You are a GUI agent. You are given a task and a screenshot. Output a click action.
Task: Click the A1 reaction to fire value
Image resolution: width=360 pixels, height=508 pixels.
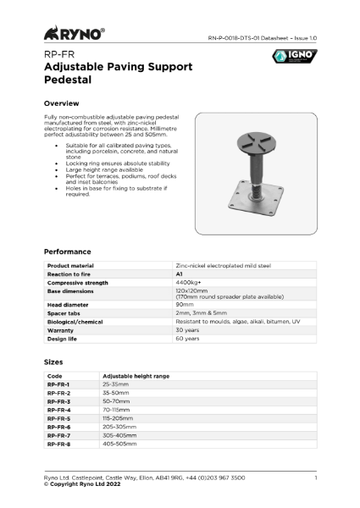tap(180, 274)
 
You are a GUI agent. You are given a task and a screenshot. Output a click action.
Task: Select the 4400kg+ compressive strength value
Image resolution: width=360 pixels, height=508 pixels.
tap(188, 282)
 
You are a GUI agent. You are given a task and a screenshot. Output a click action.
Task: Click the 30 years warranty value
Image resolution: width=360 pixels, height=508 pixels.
tap(187, 330)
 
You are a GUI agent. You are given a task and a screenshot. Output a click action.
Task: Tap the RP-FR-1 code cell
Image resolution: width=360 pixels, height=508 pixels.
tap(58, 384)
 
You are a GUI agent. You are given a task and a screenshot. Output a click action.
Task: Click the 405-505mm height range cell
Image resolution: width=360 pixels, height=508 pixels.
tap(119, 443)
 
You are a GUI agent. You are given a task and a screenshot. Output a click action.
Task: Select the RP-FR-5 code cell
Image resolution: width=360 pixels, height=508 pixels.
tap(58, 417)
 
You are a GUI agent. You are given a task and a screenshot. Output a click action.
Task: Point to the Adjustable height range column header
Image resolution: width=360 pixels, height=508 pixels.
tap(136, 375)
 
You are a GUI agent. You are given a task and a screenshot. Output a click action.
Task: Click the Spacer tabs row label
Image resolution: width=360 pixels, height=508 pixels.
tap(64, 313)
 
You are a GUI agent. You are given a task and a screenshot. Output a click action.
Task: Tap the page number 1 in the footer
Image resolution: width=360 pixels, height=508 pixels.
tap(315, 479)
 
